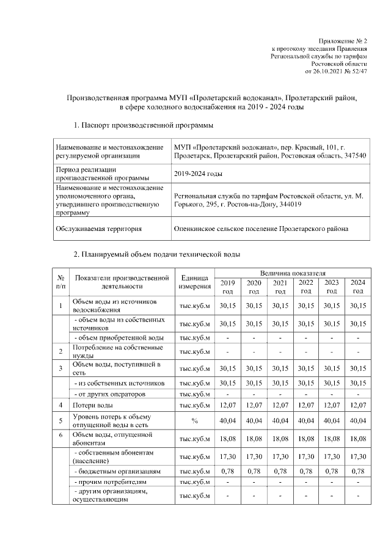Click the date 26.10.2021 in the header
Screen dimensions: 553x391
330,71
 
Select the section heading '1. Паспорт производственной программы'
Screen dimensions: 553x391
143,125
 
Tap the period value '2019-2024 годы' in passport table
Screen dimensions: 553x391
197,174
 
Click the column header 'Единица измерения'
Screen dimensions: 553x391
195,282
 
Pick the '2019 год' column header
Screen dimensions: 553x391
227,286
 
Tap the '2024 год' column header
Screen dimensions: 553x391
357,286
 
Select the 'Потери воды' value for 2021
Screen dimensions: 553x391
280,405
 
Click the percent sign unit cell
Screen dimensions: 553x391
195,420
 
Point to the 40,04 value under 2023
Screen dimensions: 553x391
332,420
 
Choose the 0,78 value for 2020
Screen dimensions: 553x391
254,471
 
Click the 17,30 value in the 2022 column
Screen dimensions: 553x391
305,456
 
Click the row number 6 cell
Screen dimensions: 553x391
60,438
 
